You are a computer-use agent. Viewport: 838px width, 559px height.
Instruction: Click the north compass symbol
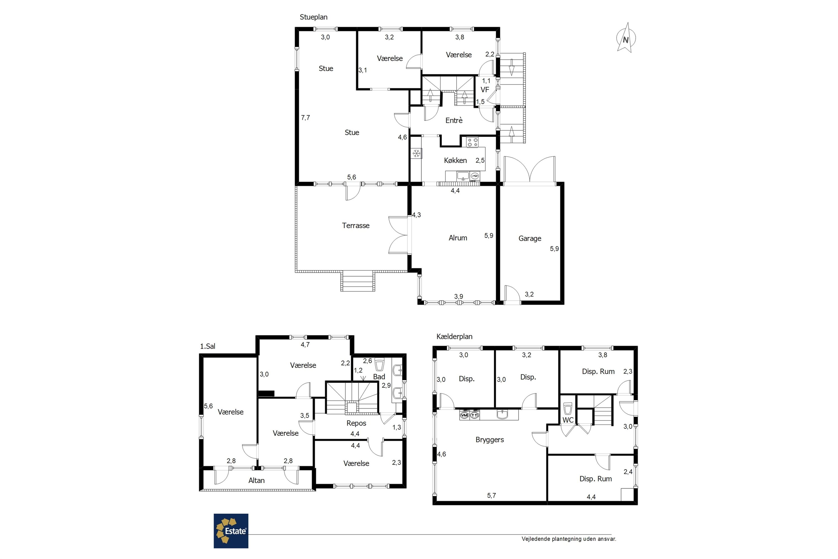pyautogui.click(x=626, y=38)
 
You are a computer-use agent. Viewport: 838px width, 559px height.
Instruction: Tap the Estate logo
pyautogui.click(x=231, y=531)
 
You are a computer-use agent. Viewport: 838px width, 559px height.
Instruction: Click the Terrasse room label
pyautogui.click(x=356, y=225)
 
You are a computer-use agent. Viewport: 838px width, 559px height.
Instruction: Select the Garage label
pyautogui.click(x=530, y=238)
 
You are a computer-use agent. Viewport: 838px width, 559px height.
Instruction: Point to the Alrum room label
pyautogui.click(x=458, y=238)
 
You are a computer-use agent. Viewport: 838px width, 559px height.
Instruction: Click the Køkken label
pyautogui.click(x=455, y=160)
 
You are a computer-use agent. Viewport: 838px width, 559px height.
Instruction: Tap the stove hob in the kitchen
pyautogui.click(x=472, y=142)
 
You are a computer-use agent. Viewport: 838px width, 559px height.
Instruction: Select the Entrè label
pyautogui.click(x=454, y=120)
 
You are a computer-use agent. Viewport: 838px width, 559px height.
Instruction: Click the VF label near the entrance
pyautogui.click(x=485, y=89)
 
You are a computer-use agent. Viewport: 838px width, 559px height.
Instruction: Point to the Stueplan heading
pyautogui.click(x=313, y=17)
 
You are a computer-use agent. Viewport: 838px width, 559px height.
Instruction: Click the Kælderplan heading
pyautogui.click(x=454, y=337)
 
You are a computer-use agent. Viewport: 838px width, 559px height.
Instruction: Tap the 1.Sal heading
pyautogui.click(x=208, y=346)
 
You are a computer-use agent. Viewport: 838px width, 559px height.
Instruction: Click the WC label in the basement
pyautogui.click(x=568, y=420)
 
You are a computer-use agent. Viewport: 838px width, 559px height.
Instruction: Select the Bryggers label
pyautogui.click(x=490, y=440)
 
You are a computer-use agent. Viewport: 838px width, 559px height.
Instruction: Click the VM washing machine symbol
pyautogui.click(x=464, y=415)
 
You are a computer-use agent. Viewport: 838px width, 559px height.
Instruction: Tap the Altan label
pyautogui.click(x=256, y=480)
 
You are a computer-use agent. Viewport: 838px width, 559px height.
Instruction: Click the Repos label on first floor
pyautogui.click(x=356, y=423)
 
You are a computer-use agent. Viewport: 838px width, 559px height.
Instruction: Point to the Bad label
pyautogui.click(x=379, y=376)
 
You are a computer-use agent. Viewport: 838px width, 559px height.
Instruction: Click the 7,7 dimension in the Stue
pyautogui.click(x=305, y=117)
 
